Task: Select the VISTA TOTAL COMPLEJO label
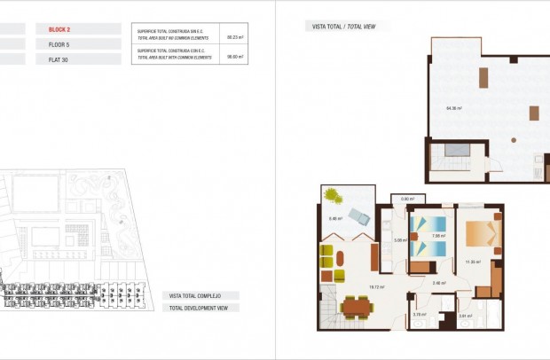[201, 294]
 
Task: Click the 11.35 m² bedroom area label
[472, 262]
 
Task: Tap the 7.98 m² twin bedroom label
[436, 236]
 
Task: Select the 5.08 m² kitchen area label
[399, 239]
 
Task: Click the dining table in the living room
[355, 308]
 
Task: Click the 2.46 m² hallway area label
[437, 283]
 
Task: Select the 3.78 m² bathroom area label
[419, 314]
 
